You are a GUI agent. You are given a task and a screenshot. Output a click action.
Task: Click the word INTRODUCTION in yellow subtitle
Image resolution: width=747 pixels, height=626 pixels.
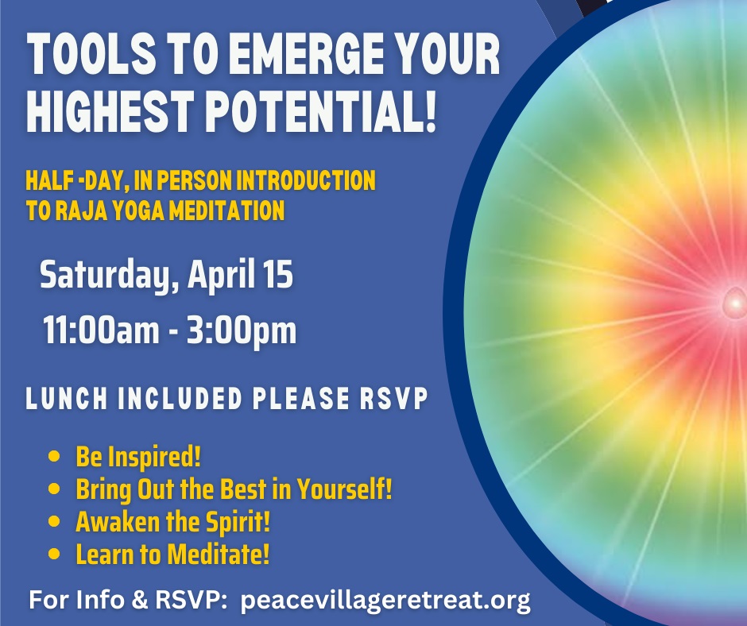(306, 180)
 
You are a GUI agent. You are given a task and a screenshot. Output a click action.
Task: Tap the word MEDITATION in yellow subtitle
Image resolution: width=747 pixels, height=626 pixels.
(227, 210)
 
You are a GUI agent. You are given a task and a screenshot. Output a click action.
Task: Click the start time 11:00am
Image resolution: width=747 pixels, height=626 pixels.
(101, 330)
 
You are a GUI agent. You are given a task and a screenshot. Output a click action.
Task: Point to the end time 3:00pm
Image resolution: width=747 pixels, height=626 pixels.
(242, 330)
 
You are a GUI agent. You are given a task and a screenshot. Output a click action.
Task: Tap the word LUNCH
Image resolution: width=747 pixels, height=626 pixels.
(67, 398)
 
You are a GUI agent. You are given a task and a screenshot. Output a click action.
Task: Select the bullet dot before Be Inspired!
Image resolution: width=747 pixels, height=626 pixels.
(54, 457)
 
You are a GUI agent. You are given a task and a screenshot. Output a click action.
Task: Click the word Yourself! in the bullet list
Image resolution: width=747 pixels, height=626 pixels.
(344, 489)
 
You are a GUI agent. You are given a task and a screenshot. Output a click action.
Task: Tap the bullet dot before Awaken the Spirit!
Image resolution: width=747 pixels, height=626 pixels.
(54, 522)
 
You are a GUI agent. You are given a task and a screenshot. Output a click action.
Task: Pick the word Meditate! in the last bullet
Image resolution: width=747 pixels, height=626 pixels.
(219, 554)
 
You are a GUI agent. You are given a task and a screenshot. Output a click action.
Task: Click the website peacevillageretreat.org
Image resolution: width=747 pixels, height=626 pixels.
(385, 601)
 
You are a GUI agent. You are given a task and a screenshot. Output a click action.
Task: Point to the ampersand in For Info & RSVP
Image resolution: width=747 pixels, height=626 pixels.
(139, 599)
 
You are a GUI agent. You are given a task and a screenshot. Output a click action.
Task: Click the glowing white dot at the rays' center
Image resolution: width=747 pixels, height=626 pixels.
(735, 303)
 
